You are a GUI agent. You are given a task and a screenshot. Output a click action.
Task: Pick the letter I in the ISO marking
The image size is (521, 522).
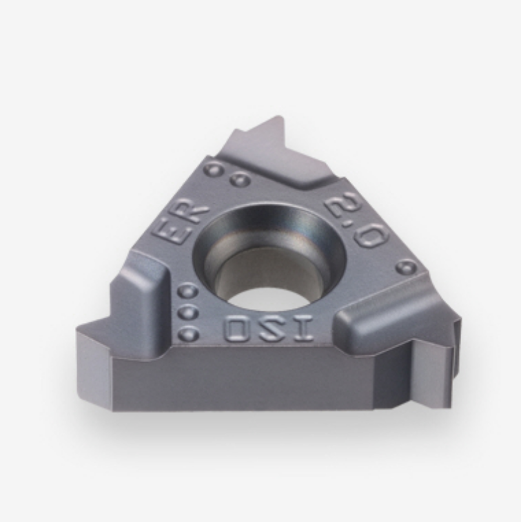pyautogui.click(x=302, y=328)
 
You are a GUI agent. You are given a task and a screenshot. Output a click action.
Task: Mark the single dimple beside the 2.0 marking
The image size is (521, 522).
pyautogui.click(x=406, y=267)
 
